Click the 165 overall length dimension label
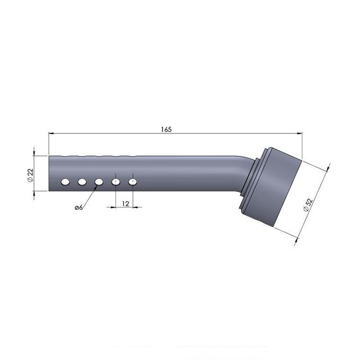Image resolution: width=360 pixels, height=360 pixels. pos(166,130)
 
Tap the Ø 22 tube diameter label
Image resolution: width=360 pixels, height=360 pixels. pos(30,175)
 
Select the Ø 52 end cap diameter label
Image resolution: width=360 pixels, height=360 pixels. pos(308,205)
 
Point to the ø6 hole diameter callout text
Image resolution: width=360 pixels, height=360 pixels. pos(79,207)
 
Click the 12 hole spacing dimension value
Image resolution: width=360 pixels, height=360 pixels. pos(126,204)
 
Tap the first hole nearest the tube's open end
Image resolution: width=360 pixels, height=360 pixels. pos(65,182)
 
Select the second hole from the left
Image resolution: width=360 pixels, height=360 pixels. pos(82,182)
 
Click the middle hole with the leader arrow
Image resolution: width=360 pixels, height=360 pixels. pos(99,182)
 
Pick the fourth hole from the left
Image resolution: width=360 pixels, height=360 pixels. pos(116,182)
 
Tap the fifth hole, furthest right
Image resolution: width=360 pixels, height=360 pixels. pos(132,182)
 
